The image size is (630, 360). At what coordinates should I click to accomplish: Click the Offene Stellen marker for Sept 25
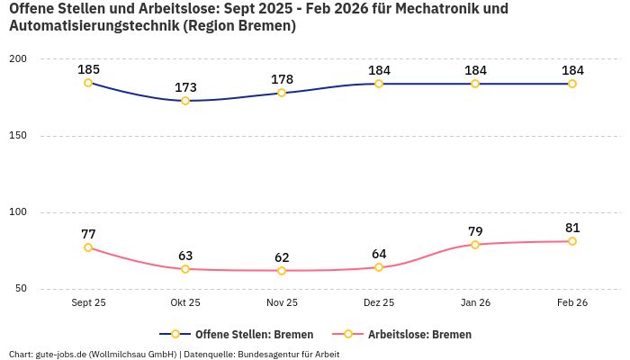click(x=88, y=83)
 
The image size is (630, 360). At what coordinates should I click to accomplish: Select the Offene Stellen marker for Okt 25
click(x=185, y=101)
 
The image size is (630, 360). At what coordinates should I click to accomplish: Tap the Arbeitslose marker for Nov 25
click(x=282, y=271)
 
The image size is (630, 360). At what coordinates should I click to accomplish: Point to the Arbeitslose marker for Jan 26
click(x=475, y=245)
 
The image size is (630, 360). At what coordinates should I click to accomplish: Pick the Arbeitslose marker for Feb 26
click(x=572, y=241)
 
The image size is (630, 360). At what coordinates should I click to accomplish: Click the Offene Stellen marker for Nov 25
click(x=282, y=93)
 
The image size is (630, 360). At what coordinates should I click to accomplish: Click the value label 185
click(x=88, y=69)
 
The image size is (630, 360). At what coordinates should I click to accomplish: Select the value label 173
click(x=185, y=87)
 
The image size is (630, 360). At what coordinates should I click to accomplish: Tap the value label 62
click(x=282, y=257)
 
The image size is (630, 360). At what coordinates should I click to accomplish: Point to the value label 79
click(x=475, y=231)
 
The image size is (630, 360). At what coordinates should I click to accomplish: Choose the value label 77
click(x=88, y=234)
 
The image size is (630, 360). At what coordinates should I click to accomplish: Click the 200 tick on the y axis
click(x=18, y=59)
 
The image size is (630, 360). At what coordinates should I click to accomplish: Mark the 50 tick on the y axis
click(x=21, y=289)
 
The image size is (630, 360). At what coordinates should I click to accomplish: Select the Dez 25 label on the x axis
click(x=378, y=303)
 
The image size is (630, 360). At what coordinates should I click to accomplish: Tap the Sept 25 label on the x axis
click(x=88, y=303)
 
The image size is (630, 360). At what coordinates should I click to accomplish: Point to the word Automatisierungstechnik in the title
click(x=93, y=26)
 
